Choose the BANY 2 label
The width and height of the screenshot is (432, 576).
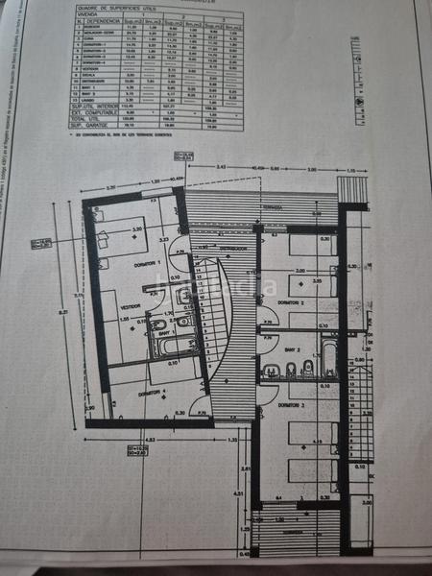click(x=292, y=349)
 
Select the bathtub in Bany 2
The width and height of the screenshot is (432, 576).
click(x=329, y=357)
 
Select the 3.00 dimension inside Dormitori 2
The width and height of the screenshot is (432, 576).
click(x=300, y=272)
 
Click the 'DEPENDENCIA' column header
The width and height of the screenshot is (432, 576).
click(x=103, y=20)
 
